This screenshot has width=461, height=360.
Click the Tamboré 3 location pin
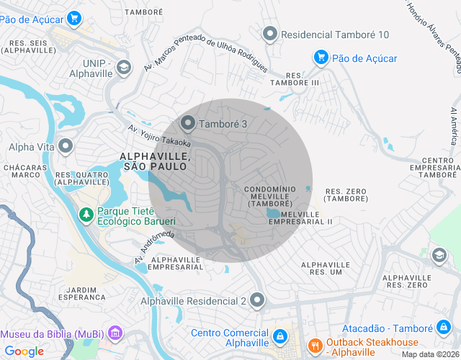189,124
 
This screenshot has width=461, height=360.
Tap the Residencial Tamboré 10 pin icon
270,34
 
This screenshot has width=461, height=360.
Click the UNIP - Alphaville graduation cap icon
125,67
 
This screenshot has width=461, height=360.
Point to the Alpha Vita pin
66,147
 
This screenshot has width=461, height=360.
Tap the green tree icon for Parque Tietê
86,214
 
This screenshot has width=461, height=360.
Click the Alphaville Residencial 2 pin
258,300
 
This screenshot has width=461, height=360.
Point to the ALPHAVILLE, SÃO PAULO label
155,161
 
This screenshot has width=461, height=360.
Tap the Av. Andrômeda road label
154,246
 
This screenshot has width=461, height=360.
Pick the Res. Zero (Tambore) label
346,194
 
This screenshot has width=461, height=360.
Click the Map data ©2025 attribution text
429,354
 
